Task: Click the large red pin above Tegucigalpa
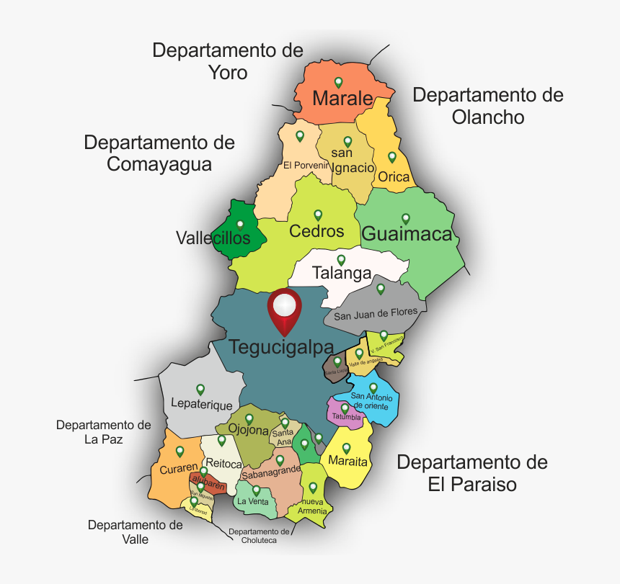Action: [x=285, y=307]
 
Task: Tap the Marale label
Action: [x=342, y=99]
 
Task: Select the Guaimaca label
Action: [x=407, y=234]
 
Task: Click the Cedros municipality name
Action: [x=316, y=231]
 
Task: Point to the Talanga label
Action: [x=342, y=274]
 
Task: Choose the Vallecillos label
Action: [x=213, y=238]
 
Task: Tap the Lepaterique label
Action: [x=201, y=405]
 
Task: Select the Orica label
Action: [x=394, y=176]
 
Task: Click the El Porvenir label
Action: [x=306, y=166]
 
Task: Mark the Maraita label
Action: [x=347, y=461]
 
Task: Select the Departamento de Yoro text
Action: [x=228, y=61]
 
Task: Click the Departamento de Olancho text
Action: [x=488, y=106]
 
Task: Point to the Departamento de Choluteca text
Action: [x=259, y=536]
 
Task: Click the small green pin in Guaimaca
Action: [x=405, y=218]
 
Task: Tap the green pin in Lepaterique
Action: [x=200, y=389]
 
